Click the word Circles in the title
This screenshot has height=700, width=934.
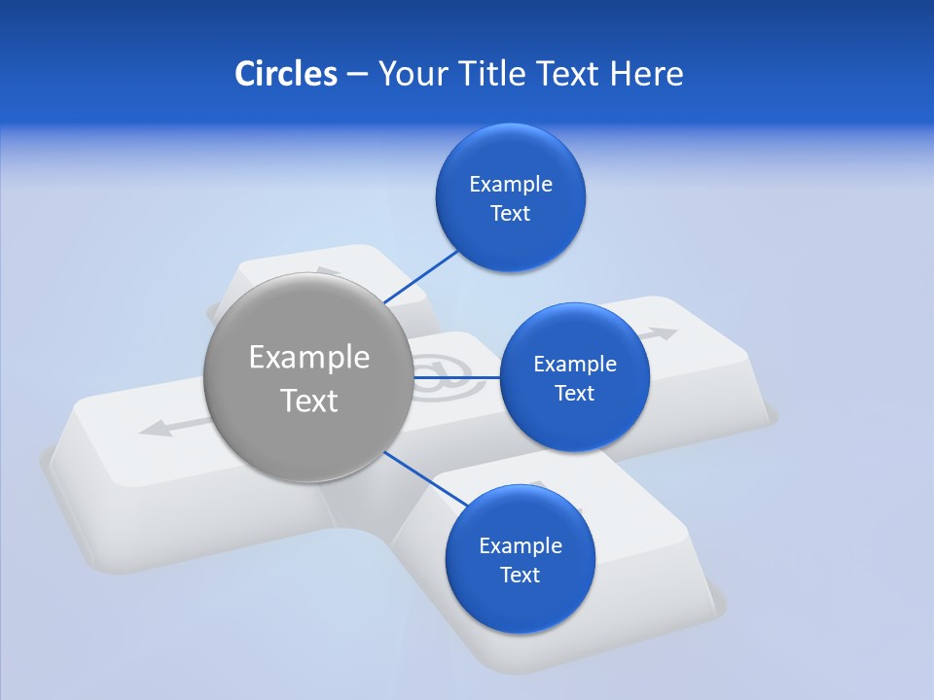tap(285, 74)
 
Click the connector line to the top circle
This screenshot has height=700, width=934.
tap(421, 275)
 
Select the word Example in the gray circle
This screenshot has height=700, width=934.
tap(309, 358)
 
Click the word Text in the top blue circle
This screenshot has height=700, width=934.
tap(511, 214)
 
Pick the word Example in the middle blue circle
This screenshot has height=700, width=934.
tap(575, 365)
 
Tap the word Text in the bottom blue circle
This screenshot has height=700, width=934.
tap(520, 576)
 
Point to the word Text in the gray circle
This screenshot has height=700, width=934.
tap(309, 401)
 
